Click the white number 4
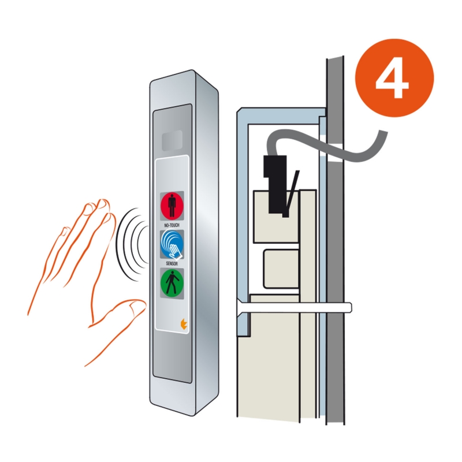pyautogui.click(x=392, y=79)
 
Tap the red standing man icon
pyautogui.click(x=172, y=206)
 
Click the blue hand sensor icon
pyautogui.click(x=172, y=244)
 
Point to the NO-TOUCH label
pyautogui.click(x=172, y=225)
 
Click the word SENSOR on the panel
pyautogui.click(x=172, y=263)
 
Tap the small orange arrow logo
pyautogui.click(x=184, y=323)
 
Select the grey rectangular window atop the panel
pyautogui.click(x=172, y=140)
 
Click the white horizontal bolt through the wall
pyautogui.click(x=295, y=307)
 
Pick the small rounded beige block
pyautogui.click(x=281, y=269)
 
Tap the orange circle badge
pyautogui.click(x=394, y=78)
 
